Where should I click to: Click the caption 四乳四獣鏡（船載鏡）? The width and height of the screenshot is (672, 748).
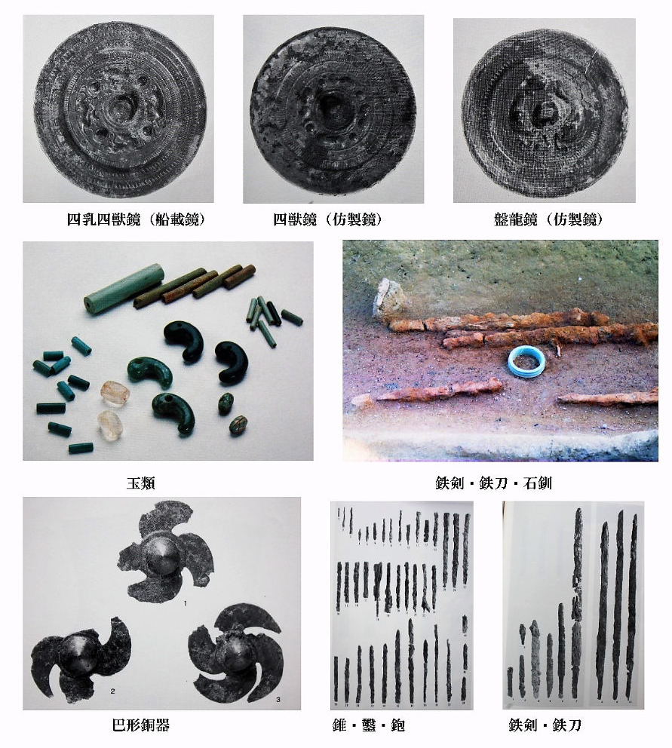137,219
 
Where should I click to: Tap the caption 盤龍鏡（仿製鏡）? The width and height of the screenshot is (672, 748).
549,219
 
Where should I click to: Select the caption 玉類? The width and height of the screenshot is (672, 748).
141,483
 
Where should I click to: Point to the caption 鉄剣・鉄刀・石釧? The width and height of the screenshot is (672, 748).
493,483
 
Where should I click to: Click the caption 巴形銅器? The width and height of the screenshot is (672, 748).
141,725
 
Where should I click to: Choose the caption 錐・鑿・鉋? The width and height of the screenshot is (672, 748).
369,725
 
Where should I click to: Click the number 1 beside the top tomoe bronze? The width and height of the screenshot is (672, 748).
186,603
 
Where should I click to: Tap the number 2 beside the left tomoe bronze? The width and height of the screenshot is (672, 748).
112,691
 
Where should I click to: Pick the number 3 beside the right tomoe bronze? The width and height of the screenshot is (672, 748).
278,700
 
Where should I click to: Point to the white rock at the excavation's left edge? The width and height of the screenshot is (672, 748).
390,298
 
